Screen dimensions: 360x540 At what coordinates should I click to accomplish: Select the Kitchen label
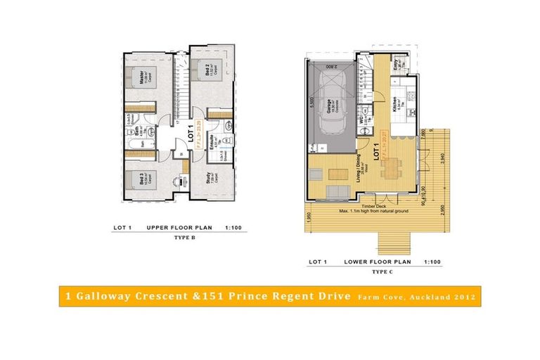397,105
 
